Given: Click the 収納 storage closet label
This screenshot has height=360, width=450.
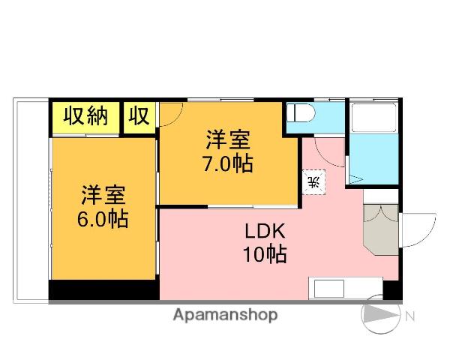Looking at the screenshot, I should coord(85,116).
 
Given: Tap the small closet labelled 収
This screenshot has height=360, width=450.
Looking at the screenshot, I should coord(139,116).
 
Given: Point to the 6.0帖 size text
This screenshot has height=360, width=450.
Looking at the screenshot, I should coord(103,220).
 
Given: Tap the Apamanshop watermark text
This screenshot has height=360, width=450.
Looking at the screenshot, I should coord(226,315).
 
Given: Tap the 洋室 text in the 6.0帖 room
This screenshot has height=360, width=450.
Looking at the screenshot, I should coord(103,194).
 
